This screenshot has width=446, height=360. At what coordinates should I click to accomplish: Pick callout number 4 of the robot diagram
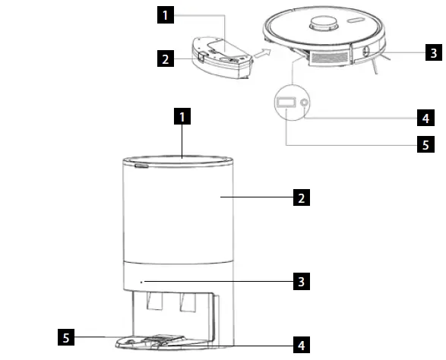point(427,118)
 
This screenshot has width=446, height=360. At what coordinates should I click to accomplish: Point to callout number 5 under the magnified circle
point(427,144)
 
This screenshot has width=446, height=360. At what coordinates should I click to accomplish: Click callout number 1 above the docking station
point(182,117)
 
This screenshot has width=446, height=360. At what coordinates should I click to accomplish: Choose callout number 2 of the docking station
point(302,199)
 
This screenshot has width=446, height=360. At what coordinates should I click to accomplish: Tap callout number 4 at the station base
point(302,345)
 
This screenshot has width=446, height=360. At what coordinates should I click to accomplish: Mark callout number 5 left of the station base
point(68,335)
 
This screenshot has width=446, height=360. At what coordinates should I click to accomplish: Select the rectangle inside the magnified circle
point(286,102)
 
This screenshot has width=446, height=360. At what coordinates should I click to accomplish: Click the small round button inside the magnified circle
point(305,103)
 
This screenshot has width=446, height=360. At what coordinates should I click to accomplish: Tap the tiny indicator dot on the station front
point(142,281)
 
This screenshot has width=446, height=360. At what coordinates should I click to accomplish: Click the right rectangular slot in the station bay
point(185,303)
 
